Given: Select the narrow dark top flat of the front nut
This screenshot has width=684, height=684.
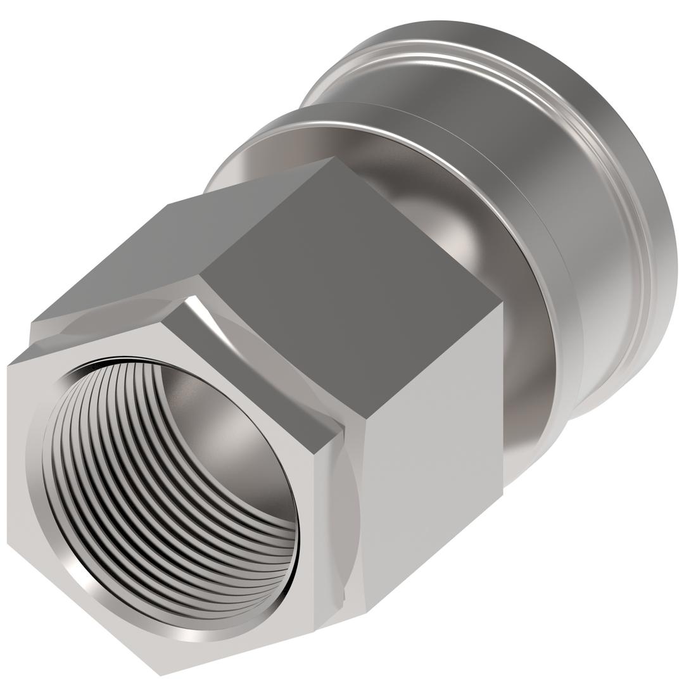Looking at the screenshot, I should click(x=253, y=367).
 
